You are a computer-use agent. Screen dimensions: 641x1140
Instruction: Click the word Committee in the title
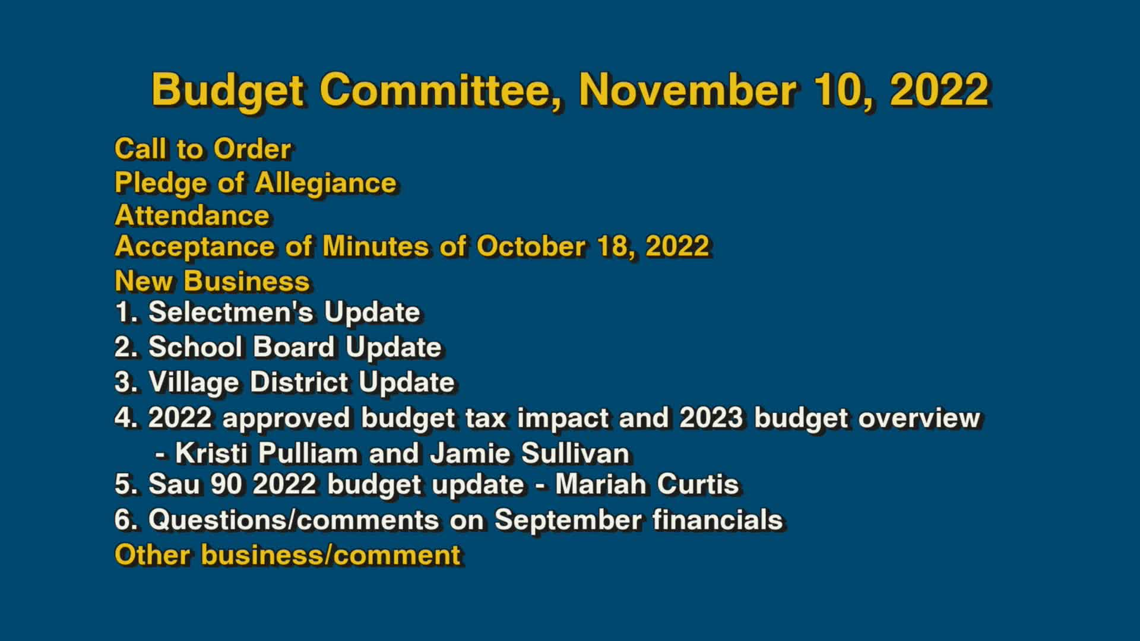pyautogui.click(x=440, y=90)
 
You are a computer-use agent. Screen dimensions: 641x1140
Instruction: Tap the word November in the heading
pyautogui.click(x=687, y=90)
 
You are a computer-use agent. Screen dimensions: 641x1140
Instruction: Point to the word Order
pyautogui.click(x=252, y=149)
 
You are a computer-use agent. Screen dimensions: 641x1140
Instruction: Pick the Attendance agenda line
pyautogui.click(x=192, y=215)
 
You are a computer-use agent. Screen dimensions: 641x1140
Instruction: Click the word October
pyautogui.click(x=530, y=246)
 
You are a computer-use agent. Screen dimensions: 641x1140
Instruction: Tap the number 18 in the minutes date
pyautogui.click(x=614, y=246)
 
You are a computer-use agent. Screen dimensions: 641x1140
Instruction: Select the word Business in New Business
pyautogui.click(x=246, y=281)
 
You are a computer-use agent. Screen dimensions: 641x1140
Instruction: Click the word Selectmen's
pyautogui.click(x=230, y=312)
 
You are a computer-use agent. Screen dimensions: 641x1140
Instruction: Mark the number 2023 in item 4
pyautogui.click(x=711, y=418)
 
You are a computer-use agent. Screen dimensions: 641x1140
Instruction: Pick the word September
pyautogui.click(x=568, y=520)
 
